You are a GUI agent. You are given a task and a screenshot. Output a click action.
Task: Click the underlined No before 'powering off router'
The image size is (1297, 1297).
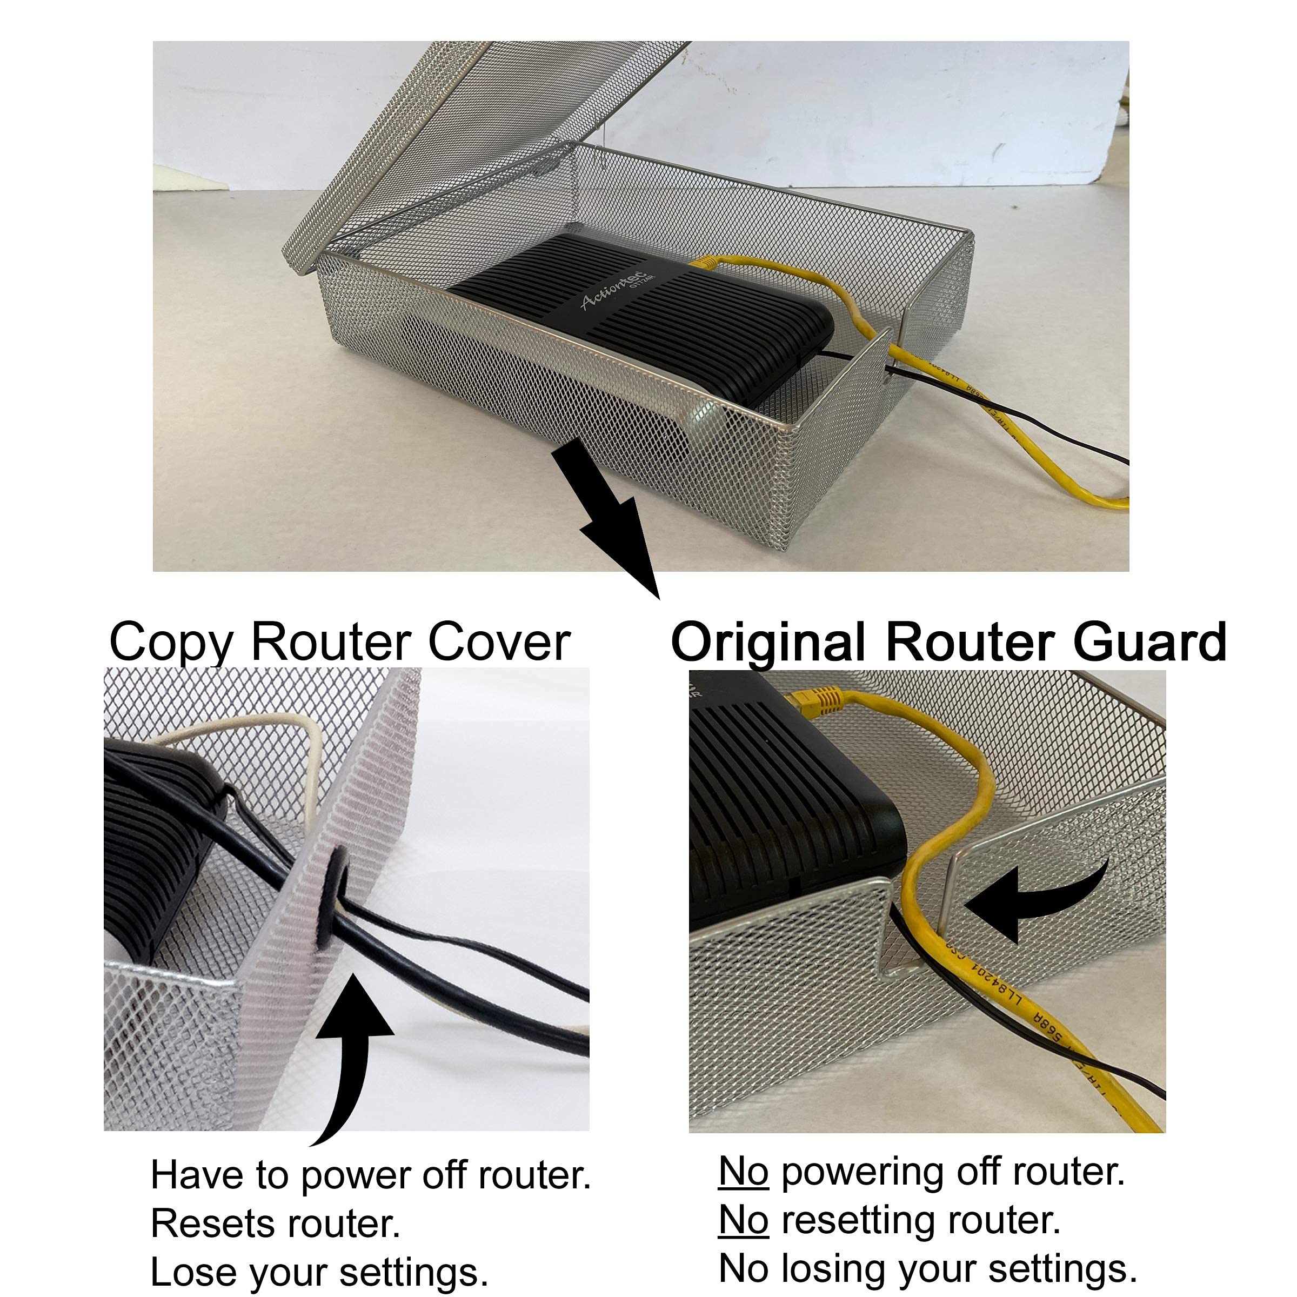(x=743, y=1172)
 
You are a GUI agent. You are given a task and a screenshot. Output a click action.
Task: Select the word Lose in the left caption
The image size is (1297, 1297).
(x=183, y=1272)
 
